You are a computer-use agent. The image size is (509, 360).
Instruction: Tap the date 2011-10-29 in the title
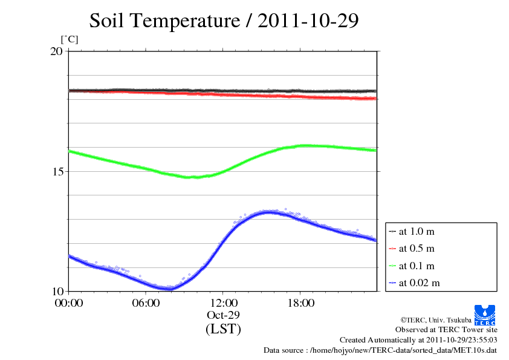308,21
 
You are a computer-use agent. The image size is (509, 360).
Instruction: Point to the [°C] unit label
70,39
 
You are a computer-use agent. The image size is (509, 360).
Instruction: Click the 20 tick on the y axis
56,51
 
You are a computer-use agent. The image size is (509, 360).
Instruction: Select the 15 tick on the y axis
56,171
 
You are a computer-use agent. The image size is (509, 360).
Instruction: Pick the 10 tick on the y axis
56,291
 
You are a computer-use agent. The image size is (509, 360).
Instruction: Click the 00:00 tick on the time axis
69,303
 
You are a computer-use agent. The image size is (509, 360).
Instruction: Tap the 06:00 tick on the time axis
146,303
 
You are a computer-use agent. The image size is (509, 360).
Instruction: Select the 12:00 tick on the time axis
223,303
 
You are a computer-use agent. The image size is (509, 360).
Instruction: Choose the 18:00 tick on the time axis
300,303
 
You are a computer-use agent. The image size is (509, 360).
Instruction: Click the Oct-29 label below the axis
223,315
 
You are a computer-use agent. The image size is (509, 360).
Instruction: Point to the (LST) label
223,329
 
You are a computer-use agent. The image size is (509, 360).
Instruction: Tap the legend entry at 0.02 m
418,283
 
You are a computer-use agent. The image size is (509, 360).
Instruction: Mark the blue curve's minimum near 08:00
167,289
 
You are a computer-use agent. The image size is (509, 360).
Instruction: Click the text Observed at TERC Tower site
446,330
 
